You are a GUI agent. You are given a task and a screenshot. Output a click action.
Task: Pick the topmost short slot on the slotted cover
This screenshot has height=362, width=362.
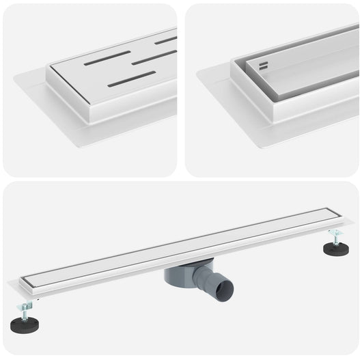click(166, 40)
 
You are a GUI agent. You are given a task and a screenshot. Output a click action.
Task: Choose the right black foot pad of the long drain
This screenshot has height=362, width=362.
click(337, 248)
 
